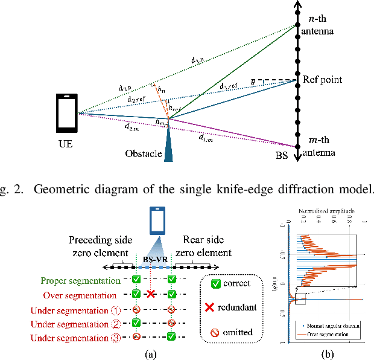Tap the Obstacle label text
(x=143, y=153)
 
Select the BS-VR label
(x=156, y=257)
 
